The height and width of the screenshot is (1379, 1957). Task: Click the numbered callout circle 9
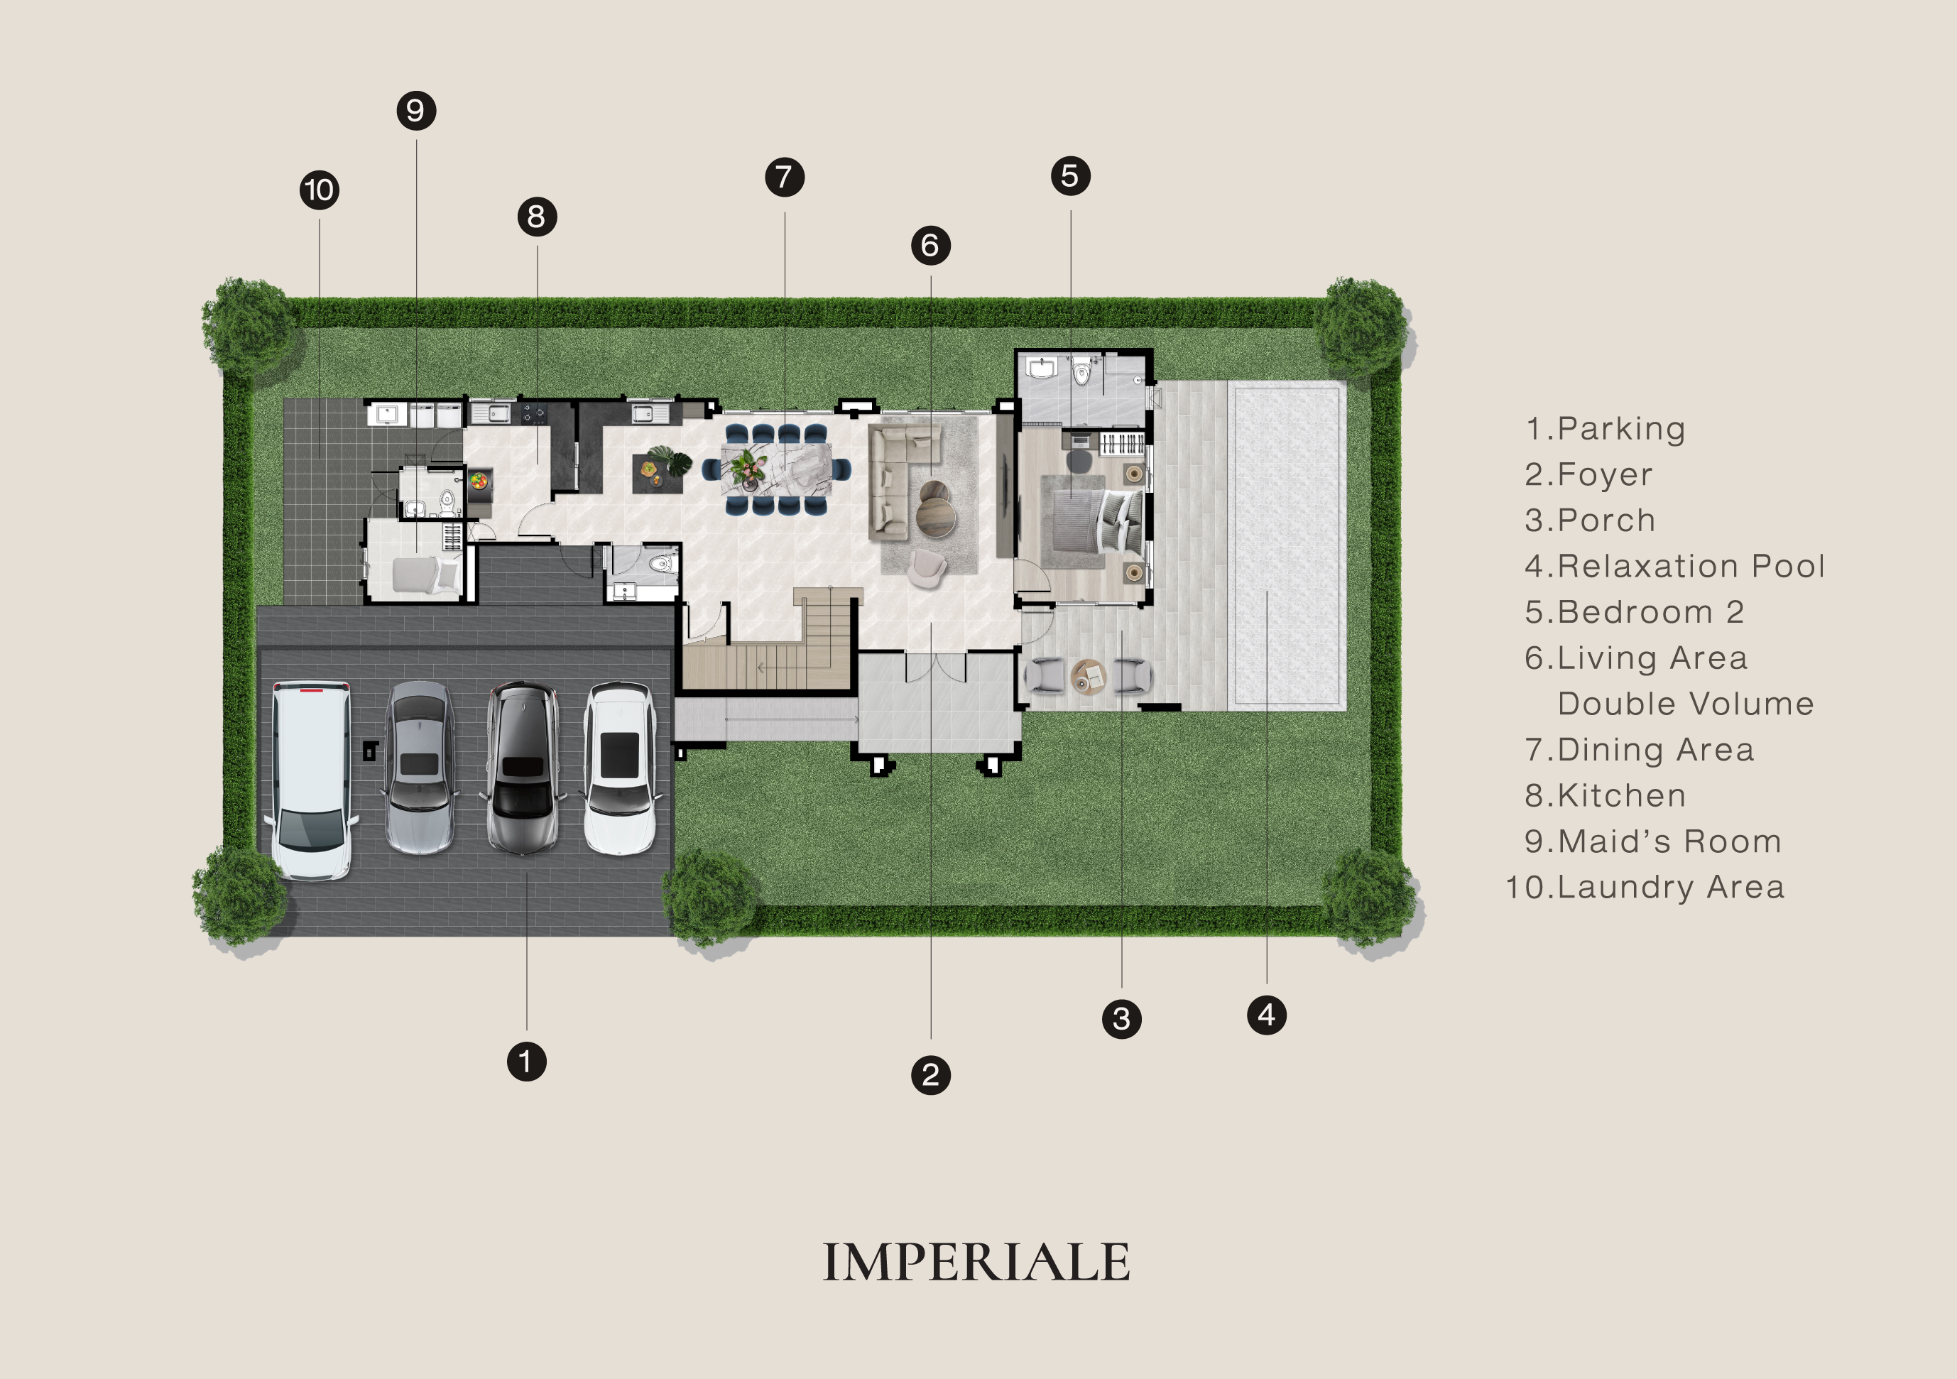point(416,111)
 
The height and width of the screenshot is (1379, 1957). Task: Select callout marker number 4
point(1267,1015)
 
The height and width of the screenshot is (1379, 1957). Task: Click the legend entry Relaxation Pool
point(1675,566)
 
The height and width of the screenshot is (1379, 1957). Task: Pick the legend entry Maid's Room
point(1654,841)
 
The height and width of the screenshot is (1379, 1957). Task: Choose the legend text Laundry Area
point(1645,887)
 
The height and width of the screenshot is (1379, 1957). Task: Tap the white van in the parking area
point(311,780)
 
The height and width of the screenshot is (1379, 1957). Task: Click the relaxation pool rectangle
point(1287,545)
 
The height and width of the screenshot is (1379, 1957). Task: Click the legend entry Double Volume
point(1686,704)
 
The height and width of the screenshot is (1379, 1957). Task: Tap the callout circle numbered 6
point(931,246)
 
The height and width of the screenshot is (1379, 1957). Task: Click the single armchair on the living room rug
point(927,567)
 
